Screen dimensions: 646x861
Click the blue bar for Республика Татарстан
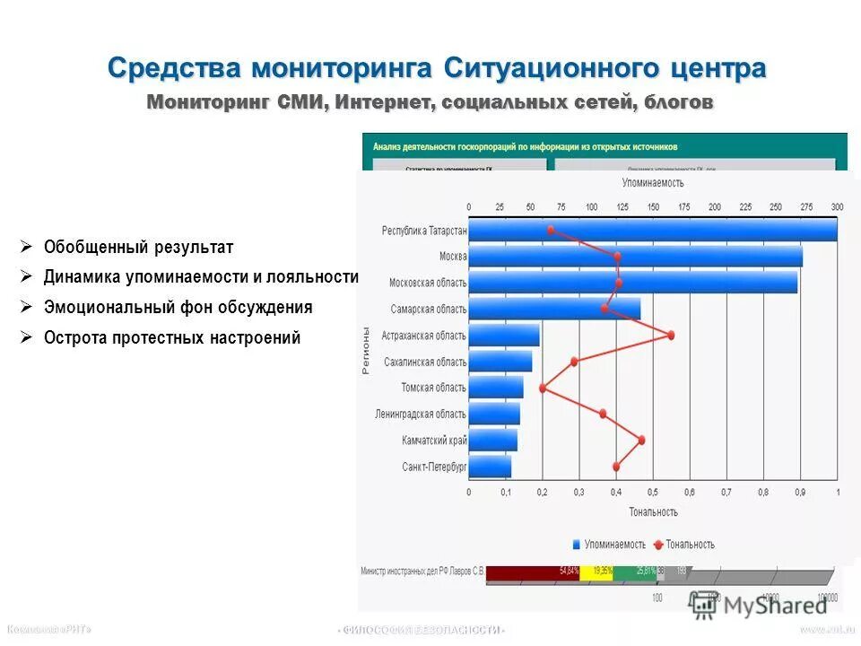(652, 230)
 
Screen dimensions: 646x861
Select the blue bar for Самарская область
(554, 309)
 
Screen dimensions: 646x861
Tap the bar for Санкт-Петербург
(490, 467)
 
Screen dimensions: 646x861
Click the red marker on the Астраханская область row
(670, 335)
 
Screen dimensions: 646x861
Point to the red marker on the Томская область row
(543, 388)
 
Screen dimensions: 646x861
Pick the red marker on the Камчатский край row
(641, 440)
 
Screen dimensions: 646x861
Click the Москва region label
(452, 257)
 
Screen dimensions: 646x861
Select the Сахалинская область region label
(424, 362)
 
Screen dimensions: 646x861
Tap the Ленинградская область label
(420, 414)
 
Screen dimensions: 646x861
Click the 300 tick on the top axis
(837, 207)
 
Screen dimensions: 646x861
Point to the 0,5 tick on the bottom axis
(652, 493)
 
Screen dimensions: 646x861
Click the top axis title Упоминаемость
(652, 183)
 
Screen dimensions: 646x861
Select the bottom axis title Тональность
(653, 511)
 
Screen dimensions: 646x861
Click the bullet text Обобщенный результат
(138, 247)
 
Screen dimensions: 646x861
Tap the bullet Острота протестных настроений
(172, 338)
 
